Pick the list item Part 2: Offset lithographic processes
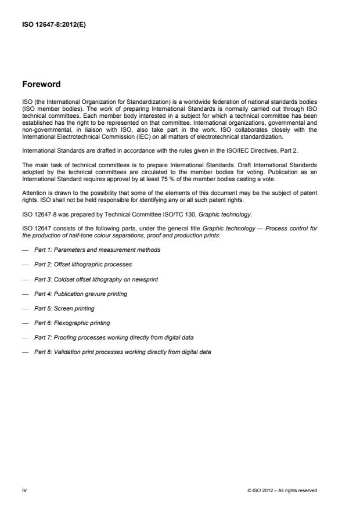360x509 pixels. [x=83, y=264]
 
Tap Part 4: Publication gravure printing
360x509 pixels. [x=80, y=294]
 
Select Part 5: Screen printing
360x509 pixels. [x=64, y=308]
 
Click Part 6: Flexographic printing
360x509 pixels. [x=71, y=323]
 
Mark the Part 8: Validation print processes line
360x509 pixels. [x=122, y=352]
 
